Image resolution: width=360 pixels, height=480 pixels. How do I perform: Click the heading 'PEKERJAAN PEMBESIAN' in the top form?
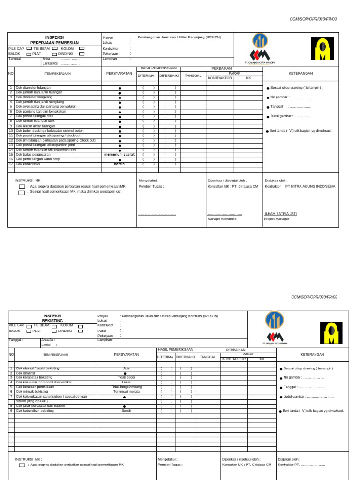(54, 43)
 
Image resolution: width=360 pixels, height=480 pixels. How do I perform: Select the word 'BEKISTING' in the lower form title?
(52, 321)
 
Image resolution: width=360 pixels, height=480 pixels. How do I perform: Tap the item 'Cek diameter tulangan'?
(33, 88)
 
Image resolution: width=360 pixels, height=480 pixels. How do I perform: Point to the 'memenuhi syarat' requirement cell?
(120, 154)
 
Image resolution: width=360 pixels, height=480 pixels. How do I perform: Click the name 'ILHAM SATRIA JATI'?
(280, 213)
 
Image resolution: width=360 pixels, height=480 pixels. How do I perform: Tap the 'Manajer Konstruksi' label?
(222, 219)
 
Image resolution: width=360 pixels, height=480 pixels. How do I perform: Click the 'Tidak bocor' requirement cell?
(126, 377)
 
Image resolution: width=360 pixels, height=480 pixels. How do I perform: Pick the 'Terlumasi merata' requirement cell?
(126, 391)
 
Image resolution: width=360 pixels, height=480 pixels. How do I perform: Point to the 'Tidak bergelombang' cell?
(126, 387)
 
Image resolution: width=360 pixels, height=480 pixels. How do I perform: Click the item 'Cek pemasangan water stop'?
(37, 159)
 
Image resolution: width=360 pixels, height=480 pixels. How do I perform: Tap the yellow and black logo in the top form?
(323, 49)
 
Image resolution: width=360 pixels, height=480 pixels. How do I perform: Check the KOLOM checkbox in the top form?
(82, 48)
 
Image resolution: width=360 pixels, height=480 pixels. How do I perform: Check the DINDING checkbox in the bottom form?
(81, 331)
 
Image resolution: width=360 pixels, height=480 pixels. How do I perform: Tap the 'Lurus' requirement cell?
(126, 382)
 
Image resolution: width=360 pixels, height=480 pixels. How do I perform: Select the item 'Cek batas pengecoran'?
(34, 154)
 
